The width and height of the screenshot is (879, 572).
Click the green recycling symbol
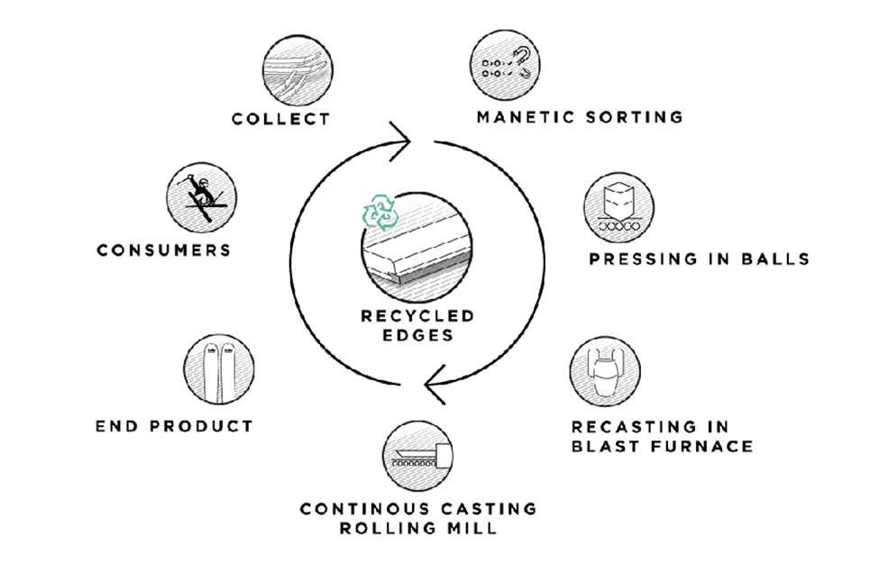pos(379,211)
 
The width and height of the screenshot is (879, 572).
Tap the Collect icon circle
pos(298,70)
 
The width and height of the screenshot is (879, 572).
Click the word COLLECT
pos(280,118)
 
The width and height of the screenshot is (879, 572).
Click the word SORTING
pos(633,117)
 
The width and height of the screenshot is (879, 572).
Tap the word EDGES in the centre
pos(417,336)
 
